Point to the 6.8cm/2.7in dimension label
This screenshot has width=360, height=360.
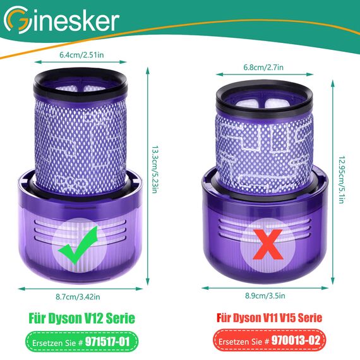(x=263, y=68)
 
